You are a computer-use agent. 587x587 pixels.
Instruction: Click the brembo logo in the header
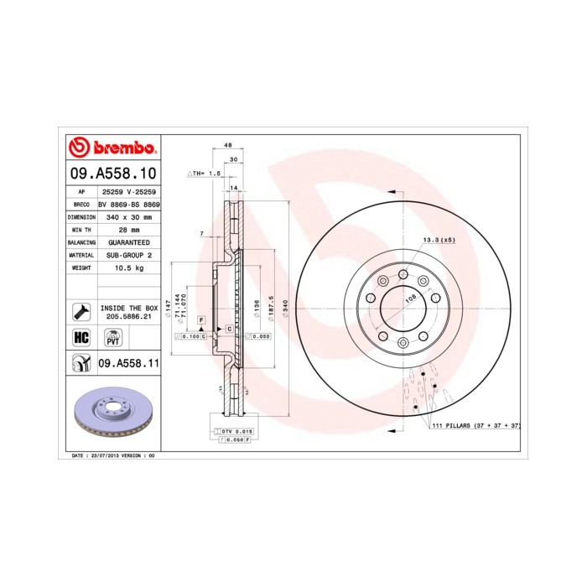[112, 148]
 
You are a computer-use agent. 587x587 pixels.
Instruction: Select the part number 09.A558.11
[128, 363]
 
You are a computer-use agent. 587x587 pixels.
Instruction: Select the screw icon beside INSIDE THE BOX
[82, 311]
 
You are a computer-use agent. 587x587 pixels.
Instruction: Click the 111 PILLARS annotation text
[475, 426]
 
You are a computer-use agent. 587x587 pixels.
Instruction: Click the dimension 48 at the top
[228, 146]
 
